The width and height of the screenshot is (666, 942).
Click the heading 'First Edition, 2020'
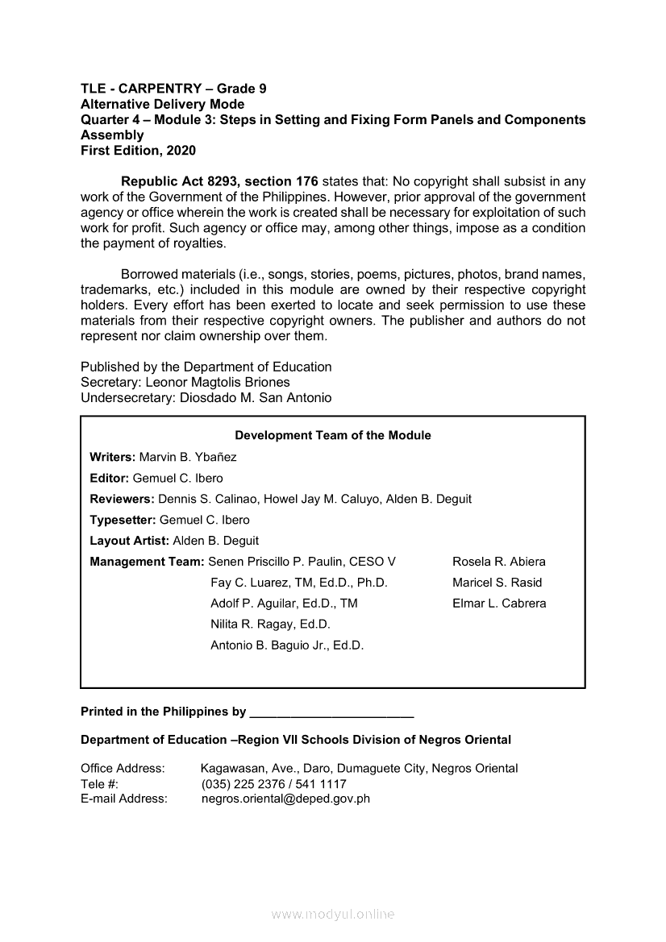138,151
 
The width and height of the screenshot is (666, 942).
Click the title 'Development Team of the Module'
333,435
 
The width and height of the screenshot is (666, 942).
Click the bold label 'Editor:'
110,478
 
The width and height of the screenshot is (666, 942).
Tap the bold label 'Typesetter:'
123,520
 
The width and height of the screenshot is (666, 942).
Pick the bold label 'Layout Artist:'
130,541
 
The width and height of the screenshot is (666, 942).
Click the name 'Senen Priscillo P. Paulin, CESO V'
302,562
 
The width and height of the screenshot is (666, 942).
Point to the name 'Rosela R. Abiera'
499,562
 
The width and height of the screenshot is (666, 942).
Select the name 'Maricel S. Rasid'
497,583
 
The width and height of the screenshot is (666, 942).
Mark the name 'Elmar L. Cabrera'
499,604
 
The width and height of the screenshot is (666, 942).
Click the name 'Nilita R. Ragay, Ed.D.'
270,625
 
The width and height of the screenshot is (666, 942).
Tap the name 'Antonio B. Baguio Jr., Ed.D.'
287,645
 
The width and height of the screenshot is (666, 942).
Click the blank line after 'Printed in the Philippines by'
332,714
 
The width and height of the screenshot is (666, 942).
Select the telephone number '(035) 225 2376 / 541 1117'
274,784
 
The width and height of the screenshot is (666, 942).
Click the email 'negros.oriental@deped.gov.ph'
285,799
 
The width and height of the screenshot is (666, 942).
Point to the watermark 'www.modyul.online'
333,915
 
